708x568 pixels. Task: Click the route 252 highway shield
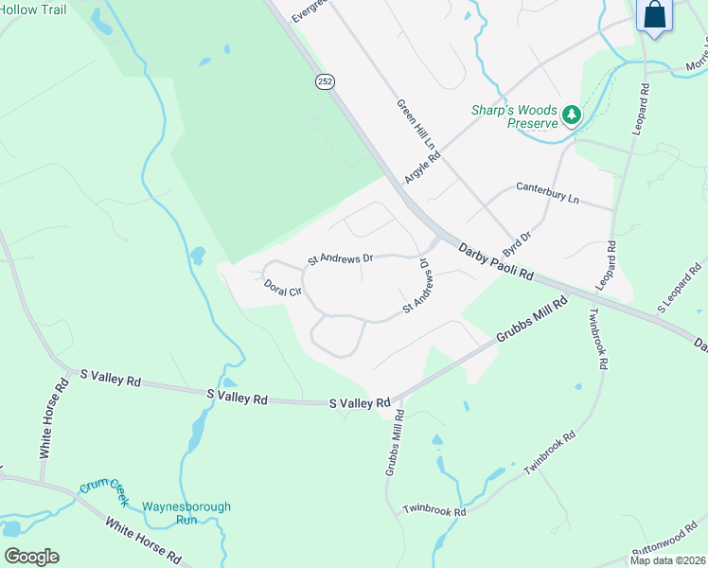[325, 82]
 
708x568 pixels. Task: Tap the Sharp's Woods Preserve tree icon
[572, 115]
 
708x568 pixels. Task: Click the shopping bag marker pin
[654, 16]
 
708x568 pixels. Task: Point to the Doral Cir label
[282, 287]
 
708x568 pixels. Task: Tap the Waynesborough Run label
[186, 513]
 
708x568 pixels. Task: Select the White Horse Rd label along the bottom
[143, 540]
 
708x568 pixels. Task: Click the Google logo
[31, 557]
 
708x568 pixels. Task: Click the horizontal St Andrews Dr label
[342, 257]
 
